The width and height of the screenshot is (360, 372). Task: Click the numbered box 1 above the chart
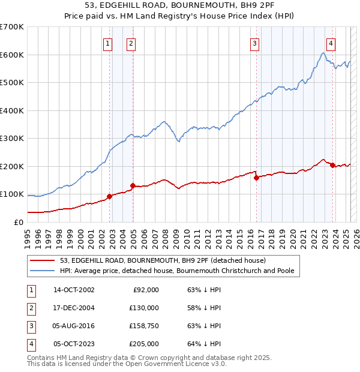coord(107,43)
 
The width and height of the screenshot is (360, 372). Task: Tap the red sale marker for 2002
coord(110,196)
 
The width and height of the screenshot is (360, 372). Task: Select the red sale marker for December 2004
coord(133,185)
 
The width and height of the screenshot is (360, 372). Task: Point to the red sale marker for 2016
coord(256,178)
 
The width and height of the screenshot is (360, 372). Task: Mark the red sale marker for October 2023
coord(332,165)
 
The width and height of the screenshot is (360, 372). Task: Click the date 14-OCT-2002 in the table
coord(73,290)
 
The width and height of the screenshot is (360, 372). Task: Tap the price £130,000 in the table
coord(144,308)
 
